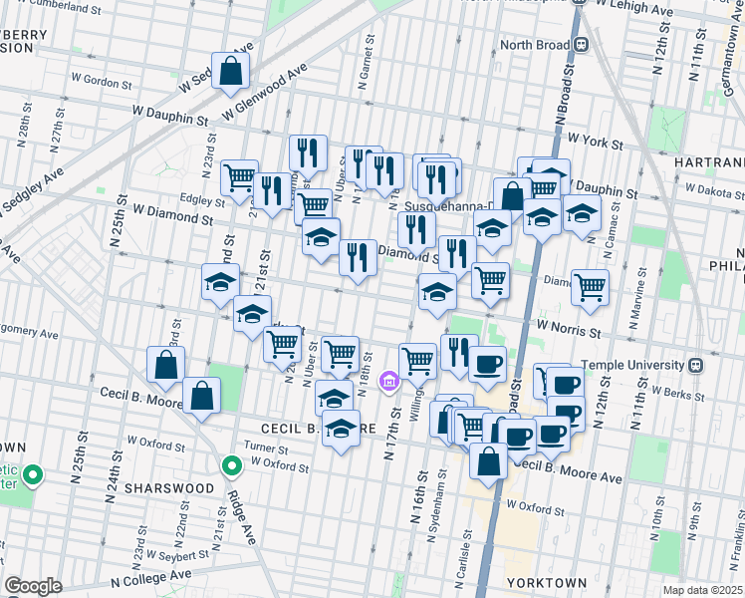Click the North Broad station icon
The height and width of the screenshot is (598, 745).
point(580,44)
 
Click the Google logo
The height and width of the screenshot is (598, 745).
point(33,585)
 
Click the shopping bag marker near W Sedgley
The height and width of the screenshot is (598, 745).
point(230,71)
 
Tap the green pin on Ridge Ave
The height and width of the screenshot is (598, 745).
point(231,464)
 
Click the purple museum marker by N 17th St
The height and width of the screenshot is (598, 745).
point(389,381)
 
